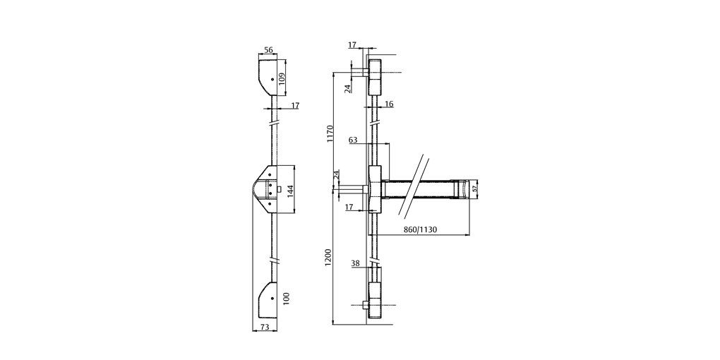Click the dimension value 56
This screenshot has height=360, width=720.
268,51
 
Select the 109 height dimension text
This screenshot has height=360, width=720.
282,78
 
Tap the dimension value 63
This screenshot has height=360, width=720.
354,140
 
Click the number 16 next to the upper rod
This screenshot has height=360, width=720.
389,104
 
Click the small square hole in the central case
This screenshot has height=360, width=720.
280,189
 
